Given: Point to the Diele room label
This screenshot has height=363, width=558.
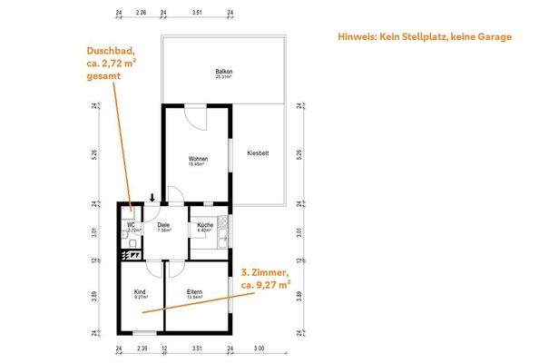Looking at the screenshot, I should tap(163, 225).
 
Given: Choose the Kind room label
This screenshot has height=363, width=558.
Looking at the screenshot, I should tap(140, 291).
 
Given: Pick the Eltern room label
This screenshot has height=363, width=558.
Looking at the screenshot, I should tap(194, 291).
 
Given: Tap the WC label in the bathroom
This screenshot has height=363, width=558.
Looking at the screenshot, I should tap(132, 225).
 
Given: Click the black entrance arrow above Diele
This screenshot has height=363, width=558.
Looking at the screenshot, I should tap(152, 198).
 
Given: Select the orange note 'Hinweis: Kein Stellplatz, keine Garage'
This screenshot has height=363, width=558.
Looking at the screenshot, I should tap(424, 37).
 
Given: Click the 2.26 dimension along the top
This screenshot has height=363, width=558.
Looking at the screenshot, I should tap(141, 14).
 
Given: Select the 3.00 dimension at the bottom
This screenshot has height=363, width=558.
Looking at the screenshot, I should tap(259, 348).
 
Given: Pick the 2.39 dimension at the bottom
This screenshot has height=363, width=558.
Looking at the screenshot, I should tap(142, 348).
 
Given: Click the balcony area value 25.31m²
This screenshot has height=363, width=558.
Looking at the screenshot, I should tap(223, 76).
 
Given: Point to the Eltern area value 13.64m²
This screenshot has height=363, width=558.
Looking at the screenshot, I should tap(194, 297).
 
